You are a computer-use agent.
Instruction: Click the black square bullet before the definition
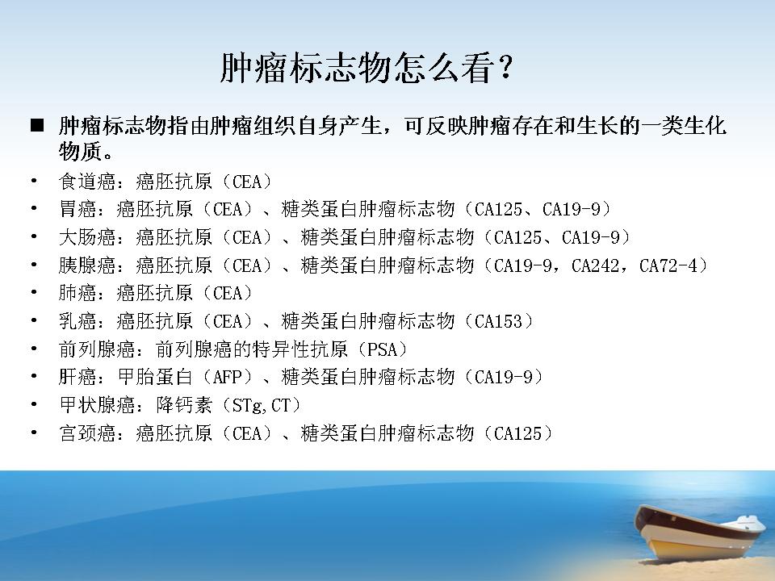click(x=37, y=126)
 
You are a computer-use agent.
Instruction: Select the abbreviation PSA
click(x=382, y=349)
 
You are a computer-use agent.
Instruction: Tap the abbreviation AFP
click(x=227, y=378)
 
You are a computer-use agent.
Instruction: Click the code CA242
click(x=595, y=265)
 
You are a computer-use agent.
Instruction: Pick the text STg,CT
click(x=261, y=406)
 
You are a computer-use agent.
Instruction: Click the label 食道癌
click(x=87, y=182)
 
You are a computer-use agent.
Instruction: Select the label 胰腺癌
click(x=87, y=265)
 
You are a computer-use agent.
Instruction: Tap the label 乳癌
click(x=77, y=322)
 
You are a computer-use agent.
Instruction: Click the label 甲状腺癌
click(x=97, y=406)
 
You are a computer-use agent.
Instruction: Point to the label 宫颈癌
click(x=87, y=434)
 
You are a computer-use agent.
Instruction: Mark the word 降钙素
click(x=184, y=406)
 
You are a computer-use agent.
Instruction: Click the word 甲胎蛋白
click(x=155, y=378)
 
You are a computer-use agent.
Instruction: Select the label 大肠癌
click(x=87, y=237)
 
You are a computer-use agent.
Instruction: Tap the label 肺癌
click(x=77, y=294)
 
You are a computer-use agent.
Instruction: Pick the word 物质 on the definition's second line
click(x=81, y=151)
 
